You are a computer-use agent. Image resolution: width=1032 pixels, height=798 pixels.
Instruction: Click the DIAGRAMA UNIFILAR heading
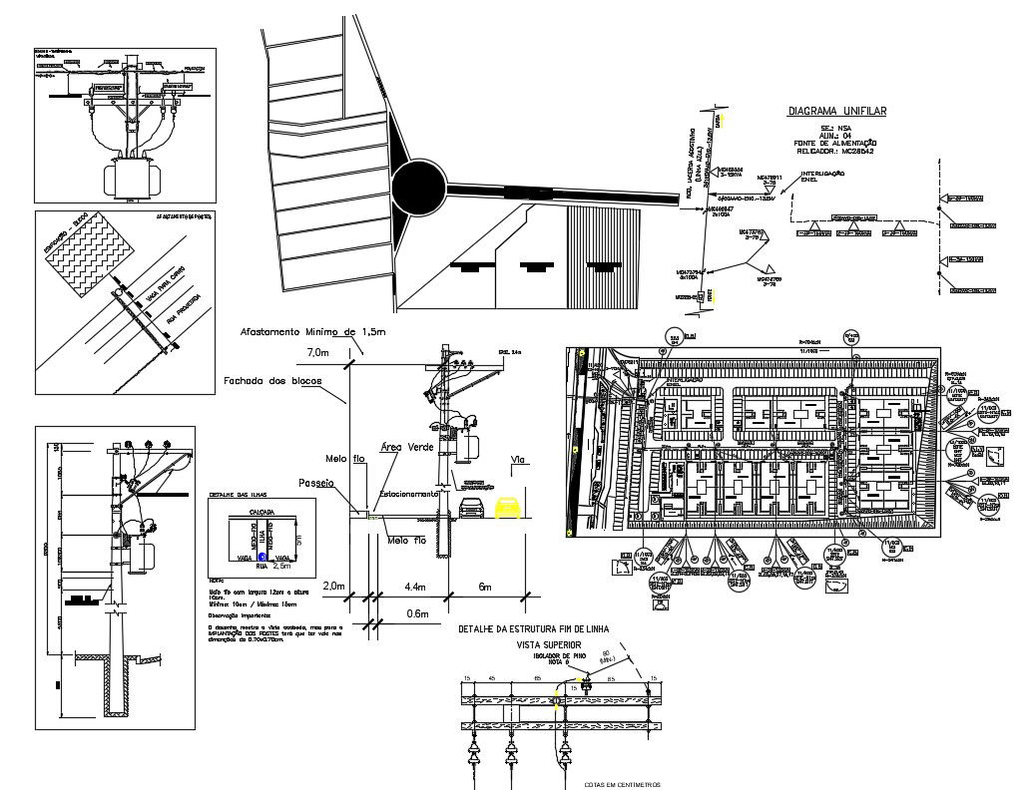pos(836,112)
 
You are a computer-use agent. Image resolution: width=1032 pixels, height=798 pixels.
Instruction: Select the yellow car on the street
pos(507,508)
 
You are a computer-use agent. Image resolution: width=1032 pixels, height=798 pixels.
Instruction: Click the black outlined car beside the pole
pos(471,509)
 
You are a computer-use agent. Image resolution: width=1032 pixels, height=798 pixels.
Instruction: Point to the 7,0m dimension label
pos(317,353)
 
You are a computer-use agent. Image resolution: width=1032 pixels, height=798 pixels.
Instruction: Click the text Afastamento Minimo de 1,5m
pos(312,331)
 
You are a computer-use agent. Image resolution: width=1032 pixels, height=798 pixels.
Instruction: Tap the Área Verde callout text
pos(407,448)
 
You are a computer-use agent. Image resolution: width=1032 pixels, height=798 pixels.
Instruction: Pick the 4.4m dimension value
pos(414,587)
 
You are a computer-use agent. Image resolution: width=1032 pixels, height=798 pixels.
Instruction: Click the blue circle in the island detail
pos(261,559)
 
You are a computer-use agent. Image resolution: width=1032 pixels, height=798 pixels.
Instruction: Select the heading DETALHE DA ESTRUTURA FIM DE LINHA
pos(533,629)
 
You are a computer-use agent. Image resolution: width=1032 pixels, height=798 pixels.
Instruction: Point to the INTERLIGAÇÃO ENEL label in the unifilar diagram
pos(821,177)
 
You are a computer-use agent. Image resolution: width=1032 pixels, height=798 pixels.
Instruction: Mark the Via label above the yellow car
pos(517,461)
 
